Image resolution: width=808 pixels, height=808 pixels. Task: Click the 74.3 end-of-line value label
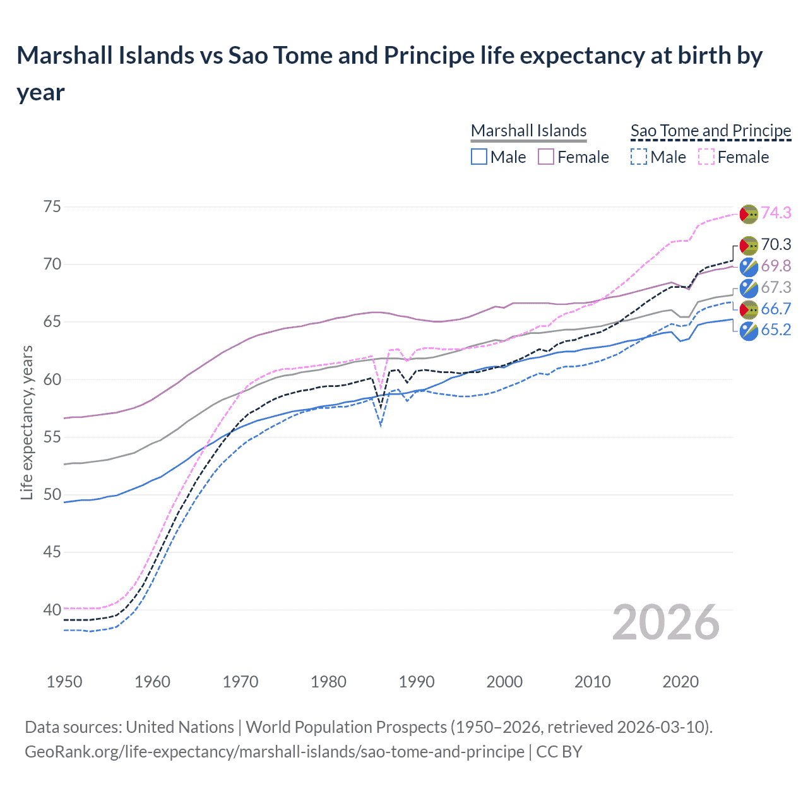776,213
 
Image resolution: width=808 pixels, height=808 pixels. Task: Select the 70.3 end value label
776,245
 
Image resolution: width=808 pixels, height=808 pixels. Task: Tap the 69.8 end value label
776,266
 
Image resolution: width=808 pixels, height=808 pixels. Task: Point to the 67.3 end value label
776,288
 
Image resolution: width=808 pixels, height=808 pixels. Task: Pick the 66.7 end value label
776,309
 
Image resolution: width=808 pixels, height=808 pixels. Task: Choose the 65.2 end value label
776,330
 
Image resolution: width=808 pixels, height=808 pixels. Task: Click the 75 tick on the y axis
52,207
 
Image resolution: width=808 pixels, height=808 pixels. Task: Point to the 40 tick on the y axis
52,610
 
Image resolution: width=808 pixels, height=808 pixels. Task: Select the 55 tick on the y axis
52,437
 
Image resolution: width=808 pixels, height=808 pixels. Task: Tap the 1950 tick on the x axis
64,682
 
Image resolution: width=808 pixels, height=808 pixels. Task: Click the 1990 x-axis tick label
417,682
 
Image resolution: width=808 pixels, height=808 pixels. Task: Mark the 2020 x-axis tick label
680,682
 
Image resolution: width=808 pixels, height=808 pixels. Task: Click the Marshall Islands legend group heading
529,131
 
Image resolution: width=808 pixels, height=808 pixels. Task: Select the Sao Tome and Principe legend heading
711,131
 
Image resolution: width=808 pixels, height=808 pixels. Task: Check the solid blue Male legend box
479,157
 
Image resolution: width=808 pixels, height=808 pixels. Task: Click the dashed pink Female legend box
706,157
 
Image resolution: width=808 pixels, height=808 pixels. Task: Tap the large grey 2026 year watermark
666,623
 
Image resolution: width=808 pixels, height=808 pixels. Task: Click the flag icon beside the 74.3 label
749,214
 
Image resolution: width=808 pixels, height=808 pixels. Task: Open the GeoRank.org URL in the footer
275,752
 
